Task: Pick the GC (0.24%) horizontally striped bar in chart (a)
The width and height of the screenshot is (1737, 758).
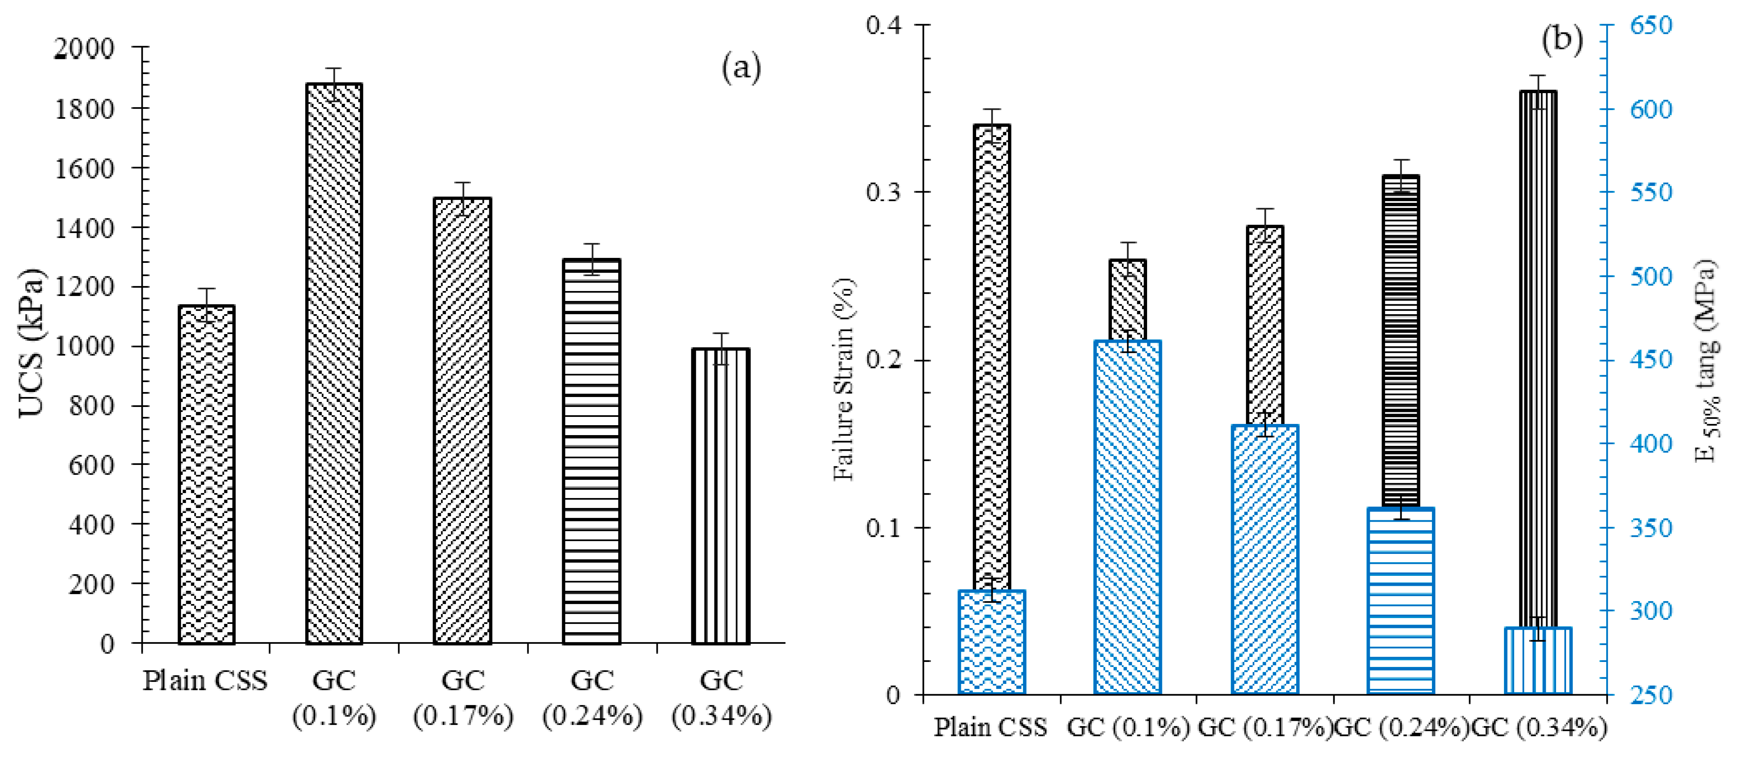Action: click(x=592, y=452)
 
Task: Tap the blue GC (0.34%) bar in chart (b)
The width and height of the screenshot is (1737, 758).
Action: click(x=1538, y=660)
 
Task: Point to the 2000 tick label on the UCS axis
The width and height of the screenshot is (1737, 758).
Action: click(x=84, y=48)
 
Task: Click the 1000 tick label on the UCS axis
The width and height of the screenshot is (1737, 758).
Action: click(x=84, y=346)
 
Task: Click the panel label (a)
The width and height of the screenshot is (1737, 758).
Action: click(x=741, y=68)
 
